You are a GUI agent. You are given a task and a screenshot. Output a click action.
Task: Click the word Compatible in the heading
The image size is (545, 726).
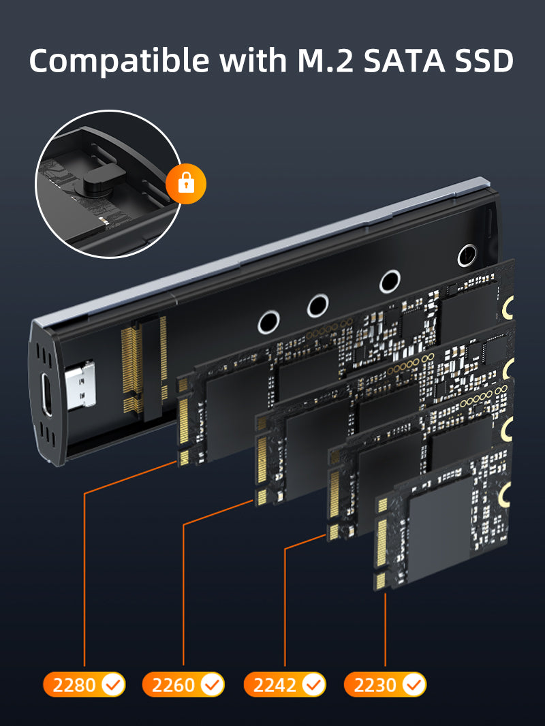pos(119,61)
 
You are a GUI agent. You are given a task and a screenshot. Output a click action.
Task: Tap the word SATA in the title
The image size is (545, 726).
pos(403,60)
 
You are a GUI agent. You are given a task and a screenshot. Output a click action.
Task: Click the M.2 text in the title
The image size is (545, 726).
pos(326,60)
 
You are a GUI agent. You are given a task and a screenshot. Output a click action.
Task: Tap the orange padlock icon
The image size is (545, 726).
pos(186,184)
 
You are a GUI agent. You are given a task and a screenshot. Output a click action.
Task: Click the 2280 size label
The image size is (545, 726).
pos(74,684)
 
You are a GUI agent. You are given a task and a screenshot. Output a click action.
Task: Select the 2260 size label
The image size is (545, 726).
pos(173,684)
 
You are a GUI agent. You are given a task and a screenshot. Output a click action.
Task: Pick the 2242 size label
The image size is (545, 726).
pos(275,684)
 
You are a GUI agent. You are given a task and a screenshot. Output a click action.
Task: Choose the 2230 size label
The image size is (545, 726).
pos(375,684)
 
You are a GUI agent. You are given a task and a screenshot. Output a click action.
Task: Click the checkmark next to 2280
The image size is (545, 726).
pos(112,684)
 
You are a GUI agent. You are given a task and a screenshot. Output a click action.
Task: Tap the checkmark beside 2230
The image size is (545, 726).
pos(414,684)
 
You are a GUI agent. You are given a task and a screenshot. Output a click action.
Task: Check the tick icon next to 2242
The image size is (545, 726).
pos(313,684)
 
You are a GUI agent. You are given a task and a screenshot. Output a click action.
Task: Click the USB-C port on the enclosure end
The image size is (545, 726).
pos(46,394)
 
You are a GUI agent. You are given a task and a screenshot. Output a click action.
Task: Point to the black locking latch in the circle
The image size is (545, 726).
pos(104,178)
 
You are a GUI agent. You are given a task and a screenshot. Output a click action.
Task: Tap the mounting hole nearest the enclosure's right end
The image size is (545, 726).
pos(467,255)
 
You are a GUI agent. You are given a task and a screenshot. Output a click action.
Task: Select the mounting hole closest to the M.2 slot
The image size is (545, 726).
pos(268,321)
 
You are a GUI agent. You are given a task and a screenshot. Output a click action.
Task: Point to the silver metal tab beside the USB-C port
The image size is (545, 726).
pos(80,384)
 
